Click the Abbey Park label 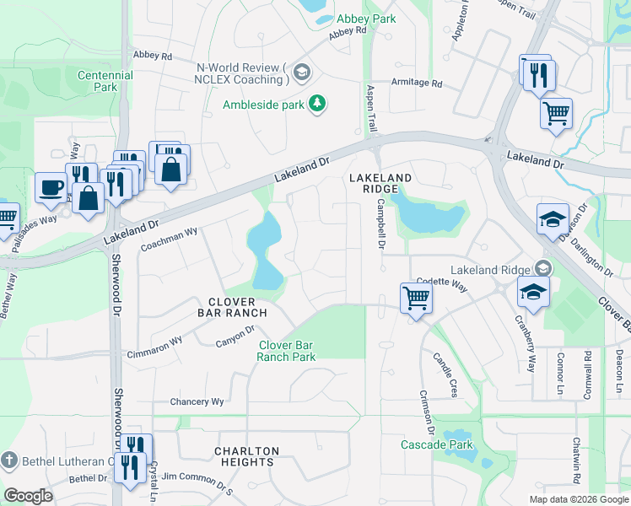365,18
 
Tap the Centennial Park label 105,81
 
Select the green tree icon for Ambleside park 317,104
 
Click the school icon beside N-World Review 302,73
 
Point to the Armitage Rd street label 417,83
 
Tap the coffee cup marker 50,187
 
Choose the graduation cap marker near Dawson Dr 553,218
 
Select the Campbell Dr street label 380,223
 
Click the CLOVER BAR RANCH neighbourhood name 232,307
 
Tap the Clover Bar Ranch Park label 287,351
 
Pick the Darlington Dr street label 594,252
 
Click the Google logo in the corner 28,495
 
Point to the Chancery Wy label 197,401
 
